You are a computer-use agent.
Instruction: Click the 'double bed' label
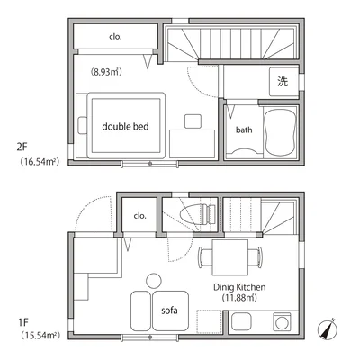125,127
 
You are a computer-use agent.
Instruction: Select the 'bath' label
244,130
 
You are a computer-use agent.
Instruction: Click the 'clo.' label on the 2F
116,38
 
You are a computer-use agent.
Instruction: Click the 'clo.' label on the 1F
140,215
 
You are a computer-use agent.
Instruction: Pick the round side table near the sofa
153,278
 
